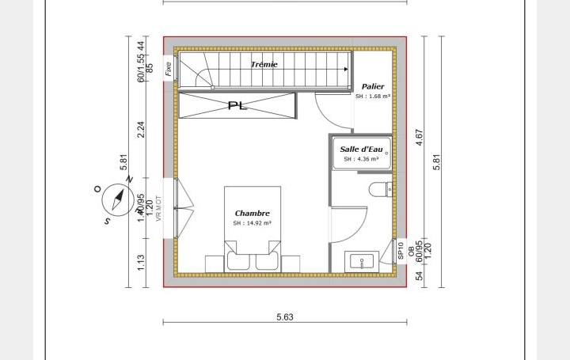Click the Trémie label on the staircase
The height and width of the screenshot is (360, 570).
[x=264, y=64]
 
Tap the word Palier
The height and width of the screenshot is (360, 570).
[x=373, y=86]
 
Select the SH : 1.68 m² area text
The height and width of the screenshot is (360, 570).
[x=373, y=97]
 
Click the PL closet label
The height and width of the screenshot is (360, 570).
[x=237, y=105]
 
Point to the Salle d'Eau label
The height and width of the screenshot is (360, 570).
[x=361, y=149]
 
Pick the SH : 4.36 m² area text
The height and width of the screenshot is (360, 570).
[x=361, y=159]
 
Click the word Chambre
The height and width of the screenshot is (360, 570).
[x=252, y=213]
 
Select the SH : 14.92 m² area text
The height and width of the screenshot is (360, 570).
[x=252, y=223]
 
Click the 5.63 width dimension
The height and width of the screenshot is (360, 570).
[x=285, y=316]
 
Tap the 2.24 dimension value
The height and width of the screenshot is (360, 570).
[x=142, y=129]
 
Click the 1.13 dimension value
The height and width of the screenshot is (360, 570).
[x=142, y=262]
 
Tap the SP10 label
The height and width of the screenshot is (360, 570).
[x=401, y=251]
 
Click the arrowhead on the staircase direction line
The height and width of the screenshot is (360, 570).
[x=346, y=70]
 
